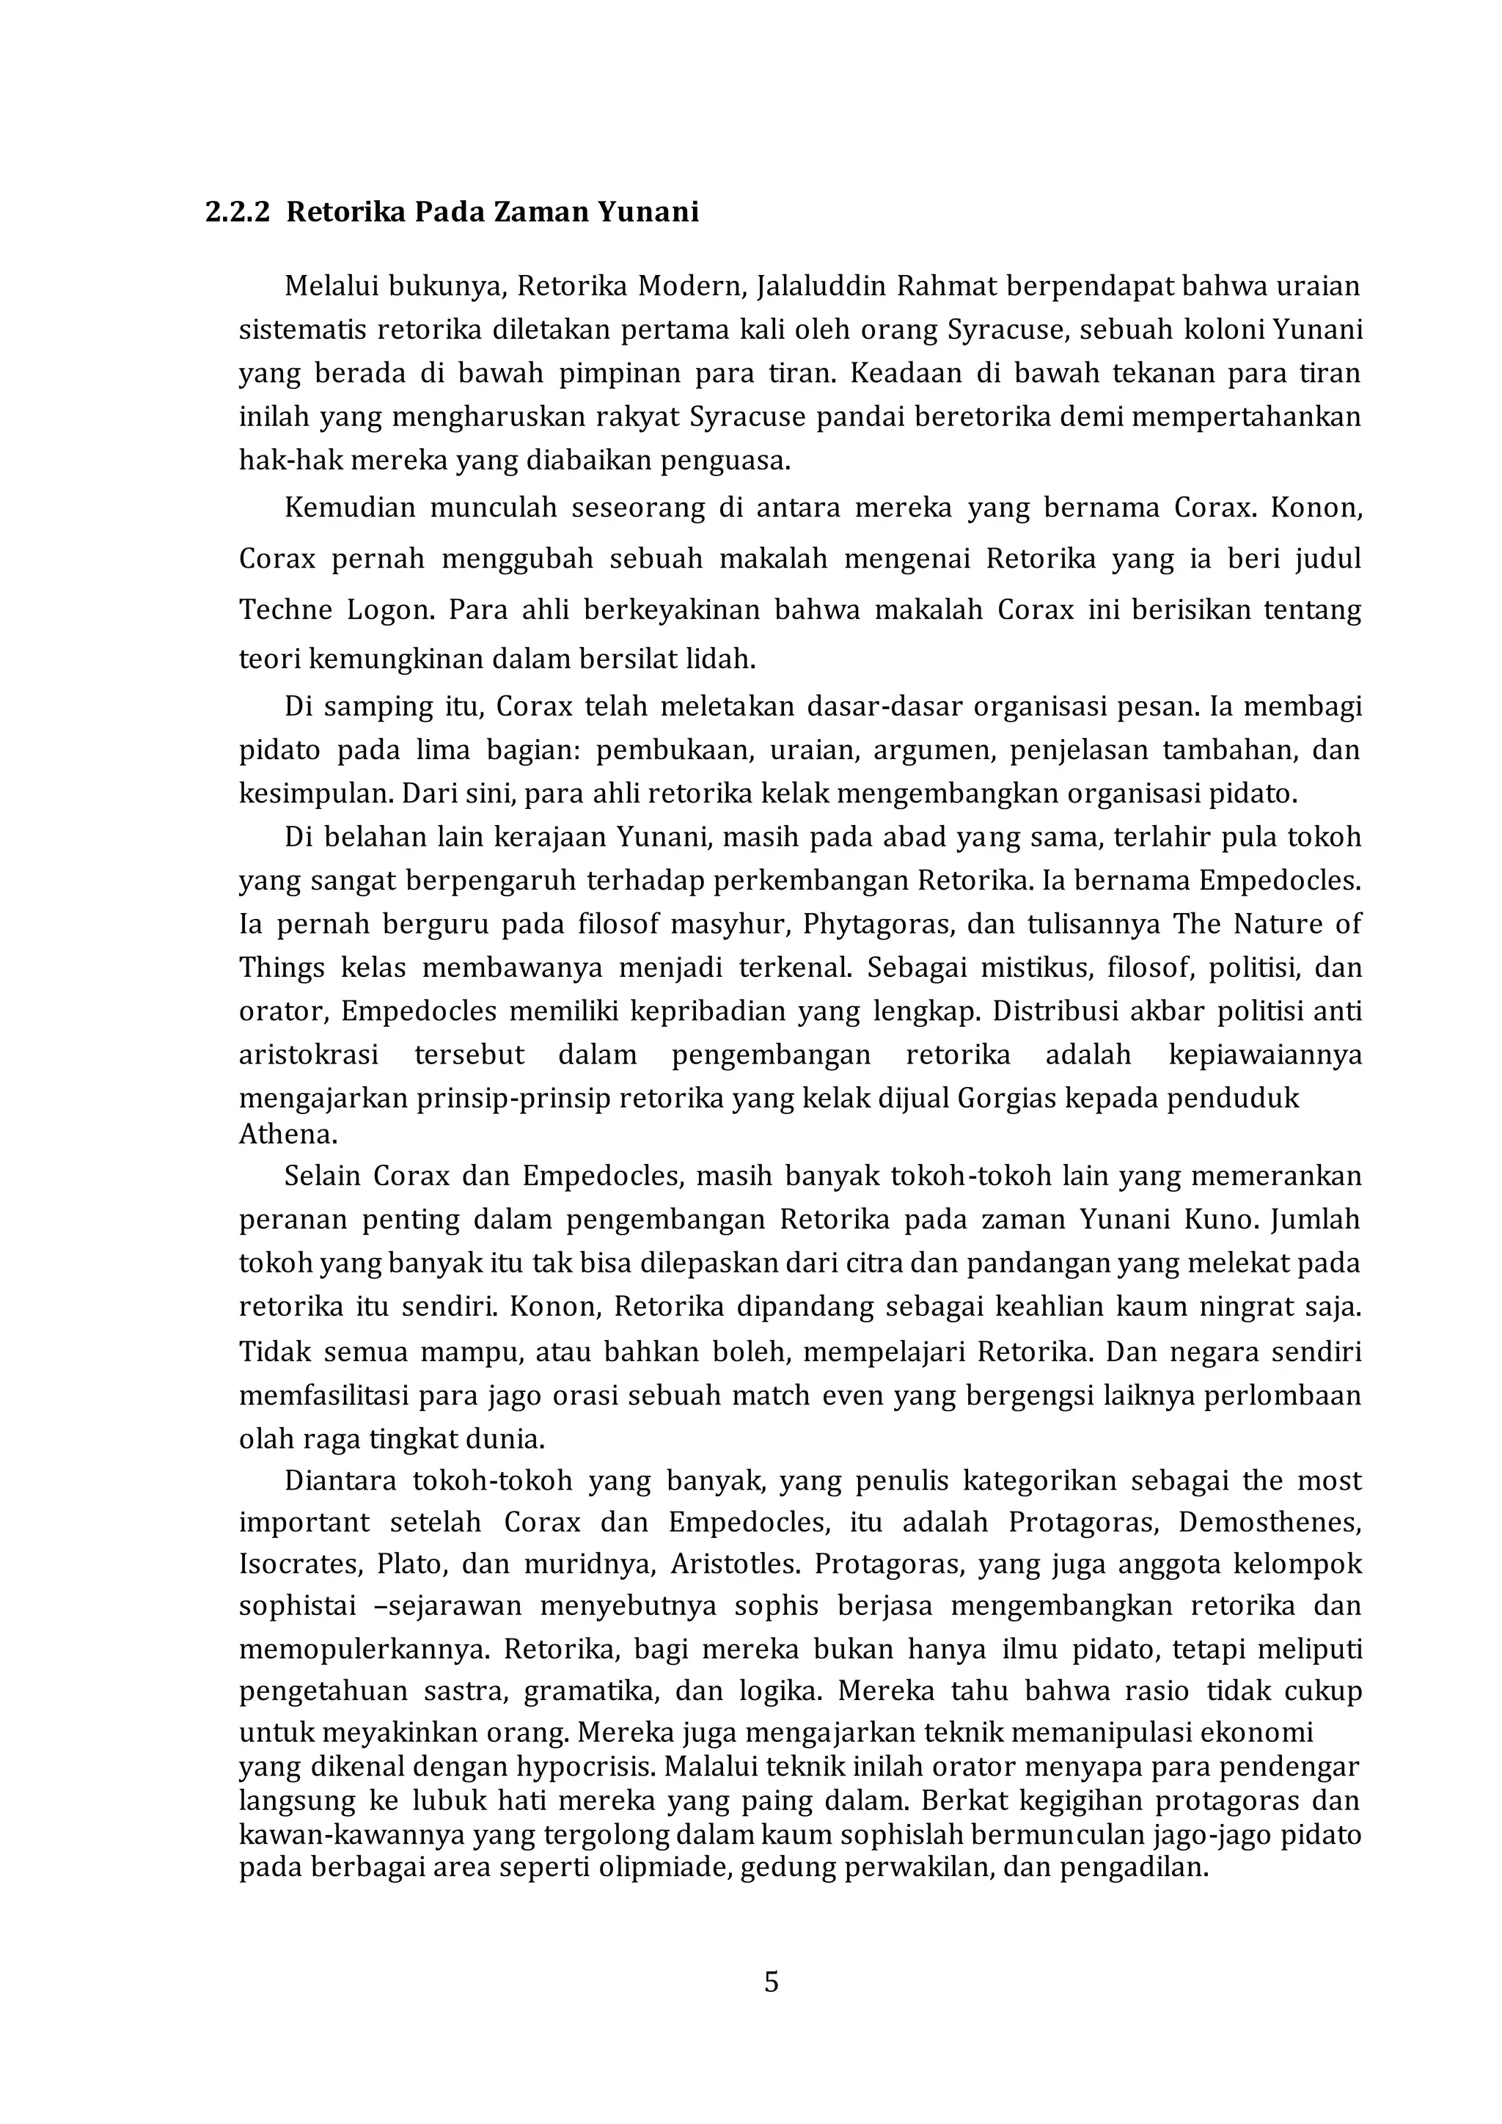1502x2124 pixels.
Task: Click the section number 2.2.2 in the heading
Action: pyautogui.click(x=238, y=213)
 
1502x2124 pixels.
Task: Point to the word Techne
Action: pyautogui.click(x=285, y=610)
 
